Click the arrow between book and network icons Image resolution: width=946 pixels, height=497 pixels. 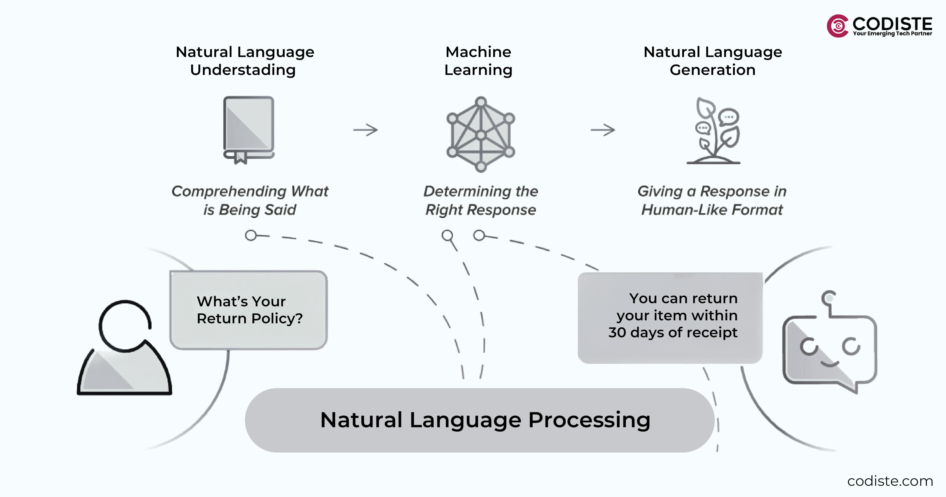[x=365, y=129]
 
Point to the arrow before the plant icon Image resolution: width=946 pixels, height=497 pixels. [x=603, y=129]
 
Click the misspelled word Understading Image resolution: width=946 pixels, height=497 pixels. [x=243, y=70]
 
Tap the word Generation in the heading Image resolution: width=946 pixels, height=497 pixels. [x=712, y=70]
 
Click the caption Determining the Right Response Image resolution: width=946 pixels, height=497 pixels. [x=481, y=200]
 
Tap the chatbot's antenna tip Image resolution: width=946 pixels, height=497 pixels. [x=829, y=298]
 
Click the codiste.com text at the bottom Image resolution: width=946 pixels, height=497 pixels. [x=890, y=481]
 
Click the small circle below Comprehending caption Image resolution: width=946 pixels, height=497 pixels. [x=251, y=235]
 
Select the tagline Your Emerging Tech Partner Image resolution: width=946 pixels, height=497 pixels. [x=892, y=33]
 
